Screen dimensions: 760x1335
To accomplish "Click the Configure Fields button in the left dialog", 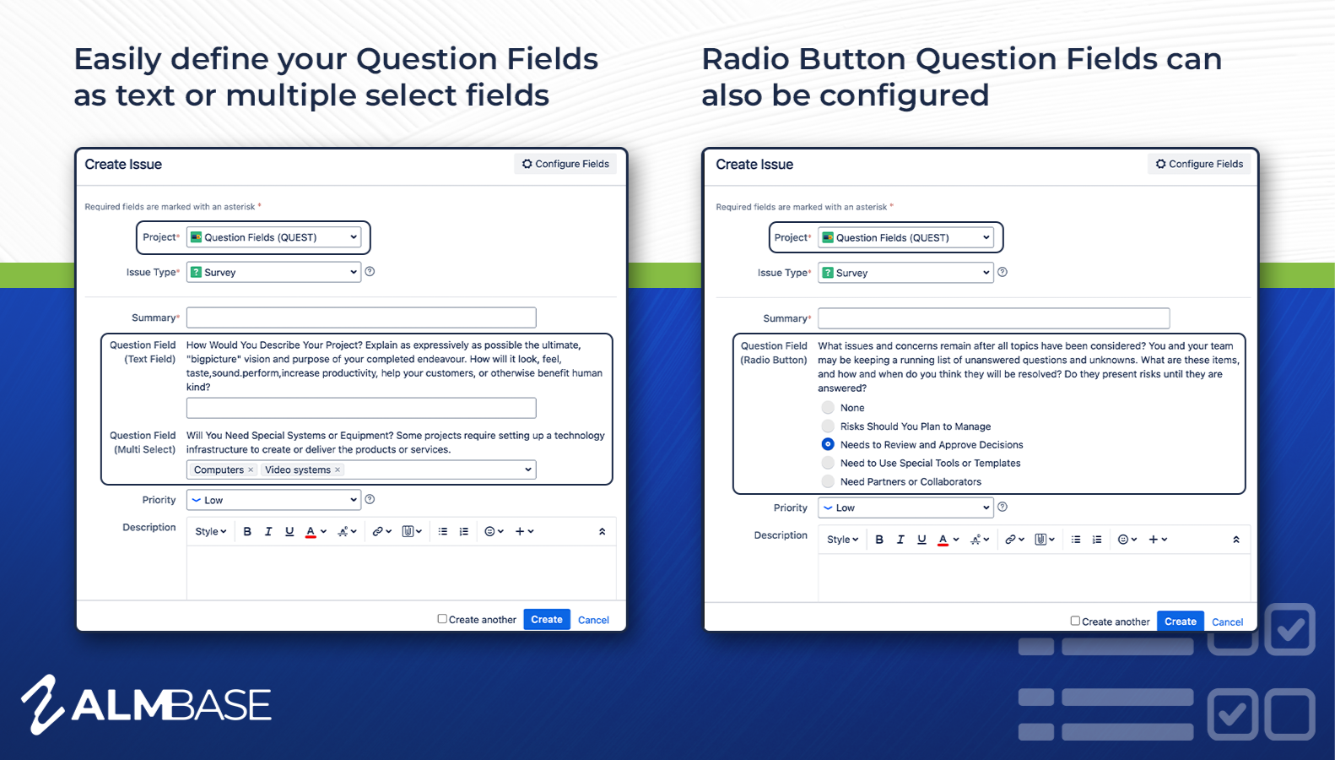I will [x=565, y=164].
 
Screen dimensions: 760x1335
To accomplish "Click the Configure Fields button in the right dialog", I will [x=1199, y=164].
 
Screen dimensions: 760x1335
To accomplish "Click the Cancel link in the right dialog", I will [x=1227, y=622].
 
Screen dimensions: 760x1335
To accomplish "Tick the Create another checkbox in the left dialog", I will [x=442, y=619].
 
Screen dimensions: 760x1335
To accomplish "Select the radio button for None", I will [x=828, y=408].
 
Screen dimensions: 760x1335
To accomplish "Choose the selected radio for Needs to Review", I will [x=828, y=444].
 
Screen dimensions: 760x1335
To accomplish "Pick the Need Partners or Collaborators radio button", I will [x=828, y=481].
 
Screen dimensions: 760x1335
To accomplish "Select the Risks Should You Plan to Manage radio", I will [x=828, y=426].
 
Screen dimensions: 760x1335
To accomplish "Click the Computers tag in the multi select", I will [x=219, y=470].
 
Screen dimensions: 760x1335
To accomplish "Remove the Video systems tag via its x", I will [x=338, y=470].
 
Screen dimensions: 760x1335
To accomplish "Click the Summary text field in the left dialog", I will [x=361, y=318].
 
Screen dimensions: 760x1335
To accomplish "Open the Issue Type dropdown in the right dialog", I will [x=905, y=273].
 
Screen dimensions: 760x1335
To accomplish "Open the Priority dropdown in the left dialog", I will [x=273, y=500].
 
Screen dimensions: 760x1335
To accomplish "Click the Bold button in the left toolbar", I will [x=247, y=532].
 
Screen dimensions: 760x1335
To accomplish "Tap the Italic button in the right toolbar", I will [x=900, y=540].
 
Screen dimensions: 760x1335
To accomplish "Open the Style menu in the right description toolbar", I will [x=842, y=540].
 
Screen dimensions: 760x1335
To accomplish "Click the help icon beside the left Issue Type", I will [x=370, y=272].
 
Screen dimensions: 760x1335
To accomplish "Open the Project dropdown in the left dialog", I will [x=273, y=237].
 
